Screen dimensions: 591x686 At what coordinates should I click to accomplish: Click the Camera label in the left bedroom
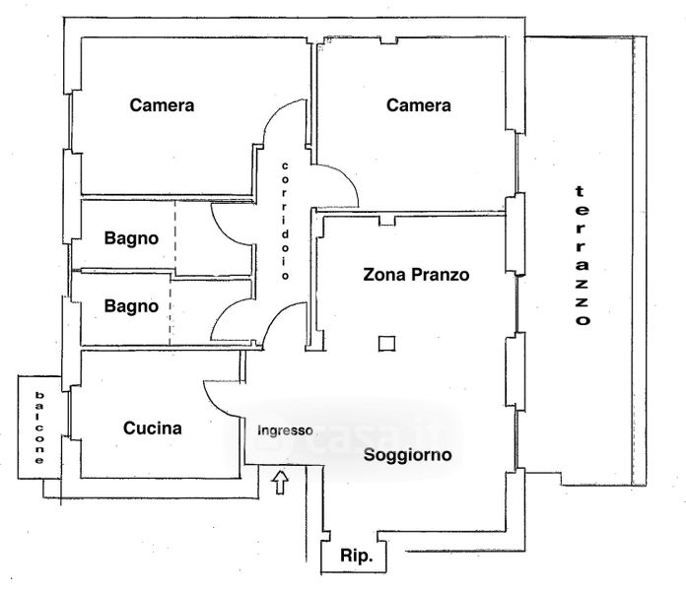(162, 105)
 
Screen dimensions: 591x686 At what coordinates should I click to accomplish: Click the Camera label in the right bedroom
(418, 105)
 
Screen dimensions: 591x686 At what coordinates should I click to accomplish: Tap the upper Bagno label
(132, 237)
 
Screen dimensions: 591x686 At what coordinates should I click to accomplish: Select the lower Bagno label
(132, 306)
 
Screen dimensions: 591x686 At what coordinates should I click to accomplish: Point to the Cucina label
(153, 428)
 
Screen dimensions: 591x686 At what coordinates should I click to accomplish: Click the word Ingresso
(285, 430)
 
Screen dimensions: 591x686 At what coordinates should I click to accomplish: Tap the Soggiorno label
(407, 455)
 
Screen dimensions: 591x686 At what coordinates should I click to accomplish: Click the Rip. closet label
(356, 557)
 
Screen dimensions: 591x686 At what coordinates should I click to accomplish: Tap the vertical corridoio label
(284, 221)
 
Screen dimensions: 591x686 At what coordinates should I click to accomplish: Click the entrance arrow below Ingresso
(280, 482)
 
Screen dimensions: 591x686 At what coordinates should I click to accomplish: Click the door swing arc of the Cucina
(219, 397)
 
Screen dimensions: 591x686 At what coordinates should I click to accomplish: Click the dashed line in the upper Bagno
(174, 237)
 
